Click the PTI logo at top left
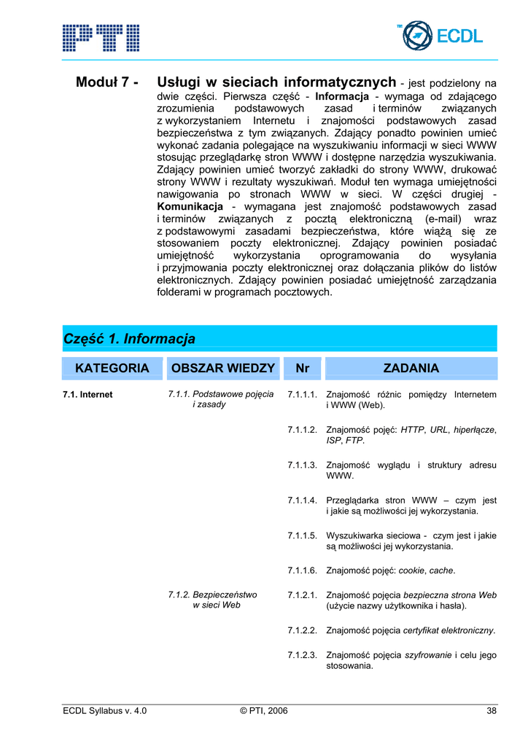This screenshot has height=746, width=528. pyautogui.click(x=101, y=37)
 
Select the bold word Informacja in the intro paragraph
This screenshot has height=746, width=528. pyautogui.click(x=342, y=96)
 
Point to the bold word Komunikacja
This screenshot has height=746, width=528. pyautogui.click(x=190, y=207)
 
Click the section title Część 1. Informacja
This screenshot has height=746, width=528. pyautogui.click(x=130, y=339)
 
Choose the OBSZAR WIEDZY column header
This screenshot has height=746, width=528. pyautogui.click(x=222, y=369)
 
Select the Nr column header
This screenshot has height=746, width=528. pyautogui.click(x=302, y=369)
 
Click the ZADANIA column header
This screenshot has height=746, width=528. pyautogui.click(x=411, y=369)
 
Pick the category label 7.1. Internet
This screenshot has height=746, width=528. pyautogui.click(x=88, y=395)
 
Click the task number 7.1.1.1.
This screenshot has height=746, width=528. pyautogui.click(x=302, y=395)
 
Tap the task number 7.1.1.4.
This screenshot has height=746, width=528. pyautogui.click(x=302, y=501)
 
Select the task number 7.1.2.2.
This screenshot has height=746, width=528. pyautogui.click(x=302, y=630)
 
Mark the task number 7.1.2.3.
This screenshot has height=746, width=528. pyautogui.click(x=302, y=655)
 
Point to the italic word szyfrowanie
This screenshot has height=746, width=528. pyautogui.click(x=427, y=655)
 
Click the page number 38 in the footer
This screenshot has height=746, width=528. pyautogui.click(x=492, y=712)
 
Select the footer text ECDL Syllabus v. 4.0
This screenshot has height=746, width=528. pyautogui.click(x=105, y=712)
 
